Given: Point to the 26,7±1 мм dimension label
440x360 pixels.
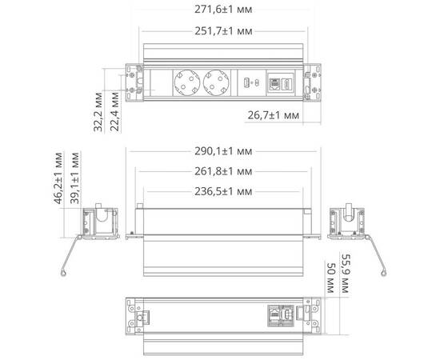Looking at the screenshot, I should pos(273,115).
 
